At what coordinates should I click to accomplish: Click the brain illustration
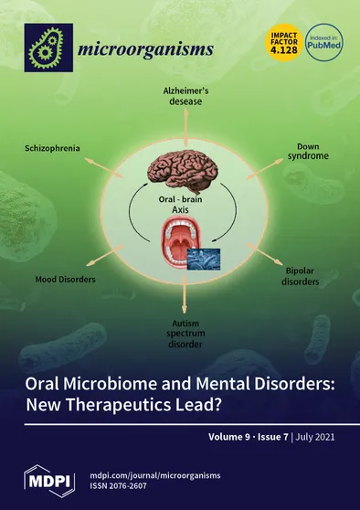click(183, 171)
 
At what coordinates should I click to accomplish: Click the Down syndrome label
click(310, 151)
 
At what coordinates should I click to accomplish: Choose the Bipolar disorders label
click(301, 278)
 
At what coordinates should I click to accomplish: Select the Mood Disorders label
click(66, 276)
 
